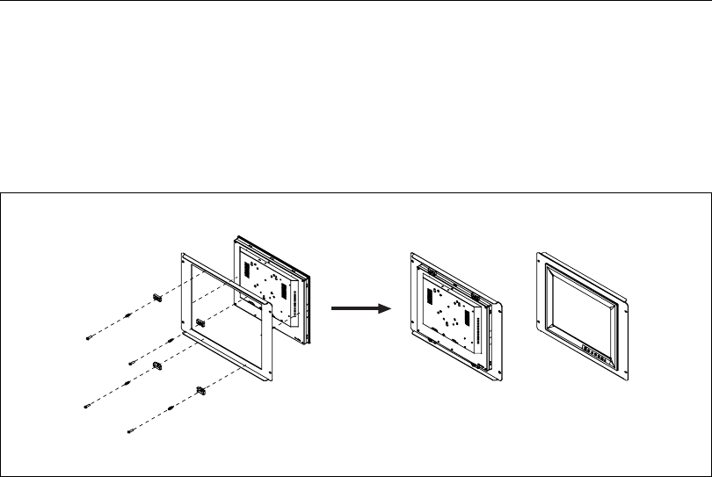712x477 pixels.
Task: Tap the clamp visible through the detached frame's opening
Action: [200, 322]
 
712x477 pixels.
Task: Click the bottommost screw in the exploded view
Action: [131, 429]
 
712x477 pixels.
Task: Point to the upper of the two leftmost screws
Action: [90, 337]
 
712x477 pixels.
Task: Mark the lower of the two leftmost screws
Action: [88, 405]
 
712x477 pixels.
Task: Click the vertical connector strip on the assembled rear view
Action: [480, 329]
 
